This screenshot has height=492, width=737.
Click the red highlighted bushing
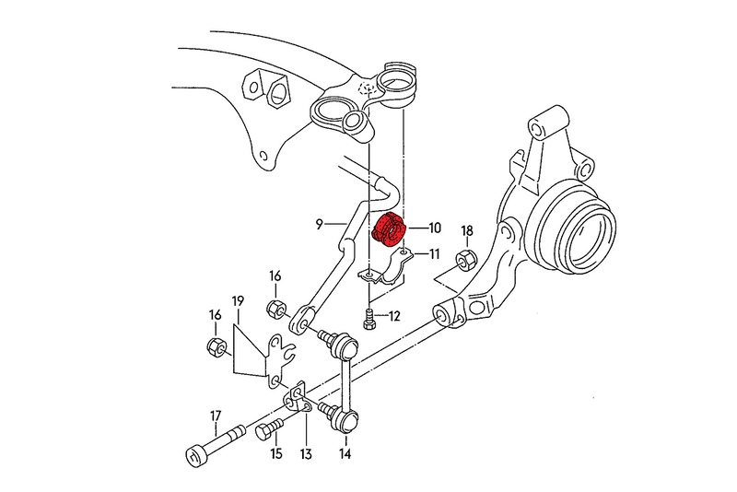point(390,231)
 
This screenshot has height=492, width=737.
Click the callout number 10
point(435,228)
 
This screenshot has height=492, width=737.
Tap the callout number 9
point(318,223)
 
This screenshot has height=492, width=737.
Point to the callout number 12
point(394,316)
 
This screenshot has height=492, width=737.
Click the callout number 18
point(466,230)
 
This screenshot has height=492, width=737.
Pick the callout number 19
point(237,301)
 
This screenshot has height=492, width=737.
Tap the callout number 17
point(216,415)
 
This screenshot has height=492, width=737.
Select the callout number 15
point(276,454)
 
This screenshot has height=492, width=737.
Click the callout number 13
point(306,454)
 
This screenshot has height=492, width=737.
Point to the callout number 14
point(345,454)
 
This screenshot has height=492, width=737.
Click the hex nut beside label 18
point(465,260)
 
